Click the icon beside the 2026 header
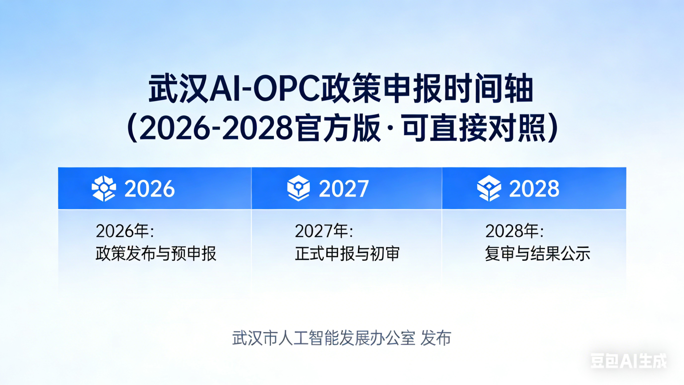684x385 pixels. [x=104, y=188]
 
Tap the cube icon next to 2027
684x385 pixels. [x=298, y=188]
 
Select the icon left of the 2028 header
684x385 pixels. [x=489, y=188]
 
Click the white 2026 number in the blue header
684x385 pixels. [x=150, y=189]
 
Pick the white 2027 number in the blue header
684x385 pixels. [x=344, y=189]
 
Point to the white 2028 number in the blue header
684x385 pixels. [x=534, y=189]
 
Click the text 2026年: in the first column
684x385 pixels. [x=125, y=231]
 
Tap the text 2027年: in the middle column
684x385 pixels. [x=324, y=231]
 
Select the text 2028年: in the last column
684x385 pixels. [x=514, y=231]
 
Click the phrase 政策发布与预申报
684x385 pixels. [x=156, y=254]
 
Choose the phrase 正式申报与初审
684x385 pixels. [x=347, y=254]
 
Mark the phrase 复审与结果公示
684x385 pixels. [x=538, y=254]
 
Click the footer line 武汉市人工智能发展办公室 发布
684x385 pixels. [x=342, y=338]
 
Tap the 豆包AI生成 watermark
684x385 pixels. [x=628, y=361]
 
